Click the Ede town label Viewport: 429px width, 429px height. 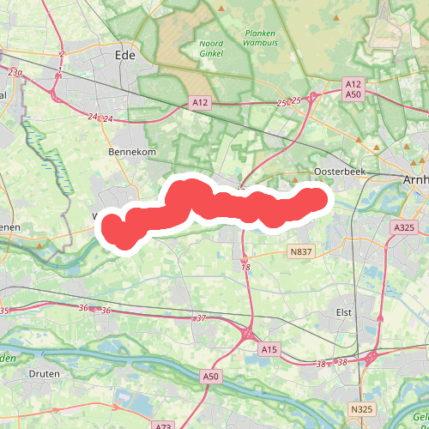pos(125,55)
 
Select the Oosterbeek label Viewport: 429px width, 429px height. pos(340,172)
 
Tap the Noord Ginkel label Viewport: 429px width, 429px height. pos(211,48)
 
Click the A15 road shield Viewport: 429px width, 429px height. pos(269,349)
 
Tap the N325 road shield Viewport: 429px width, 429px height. pos(362,410)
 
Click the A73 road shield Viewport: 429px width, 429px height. pos(165,426)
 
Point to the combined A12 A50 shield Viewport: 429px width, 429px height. pos(353,89)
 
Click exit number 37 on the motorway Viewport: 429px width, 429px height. pos(202,318)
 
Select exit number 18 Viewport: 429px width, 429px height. pos(246,268)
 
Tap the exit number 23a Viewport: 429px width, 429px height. pos(15,73)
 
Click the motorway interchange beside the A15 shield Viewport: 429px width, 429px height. pos(249,332)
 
